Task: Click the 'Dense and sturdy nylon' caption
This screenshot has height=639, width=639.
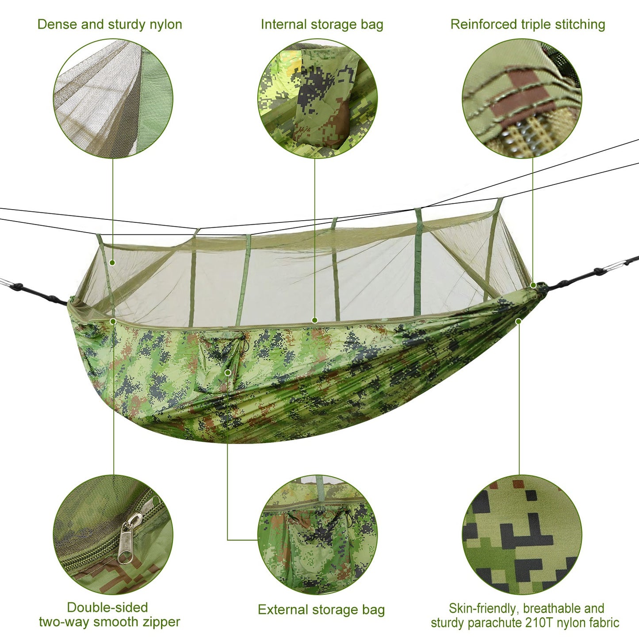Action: (x=110, y=24)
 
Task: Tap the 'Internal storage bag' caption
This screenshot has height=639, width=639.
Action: (x=321, y=24)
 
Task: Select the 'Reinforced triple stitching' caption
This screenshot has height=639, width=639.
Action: (x=528, y=24)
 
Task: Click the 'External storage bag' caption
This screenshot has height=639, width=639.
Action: (x=321, y=610)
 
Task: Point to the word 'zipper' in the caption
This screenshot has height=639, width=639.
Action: (x=161, y=622)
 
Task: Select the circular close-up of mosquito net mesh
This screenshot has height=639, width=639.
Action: (x=113, y=98)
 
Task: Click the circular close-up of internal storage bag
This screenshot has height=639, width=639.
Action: (x=318, y=98)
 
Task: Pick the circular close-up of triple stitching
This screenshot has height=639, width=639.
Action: (x=522, y=98)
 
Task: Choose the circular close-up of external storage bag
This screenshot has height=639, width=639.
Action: (x=318, y=535)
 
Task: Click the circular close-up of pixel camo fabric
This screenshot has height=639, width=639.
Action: (x=522, y=535)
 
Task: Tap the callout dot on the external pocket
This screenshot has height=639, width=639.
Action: (x=228, y=372)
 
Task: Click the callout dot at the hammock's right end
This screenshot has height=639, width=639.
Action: (x=533, y=285)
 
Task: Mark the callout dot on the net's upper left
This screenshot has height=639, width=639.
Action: (x=112, y=263)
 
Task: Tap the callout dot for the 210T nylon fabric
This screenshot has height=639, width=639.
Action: (x=518, y=321)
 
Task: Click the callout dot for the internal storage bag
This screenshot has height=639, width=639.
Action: (x=314, y=320)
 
